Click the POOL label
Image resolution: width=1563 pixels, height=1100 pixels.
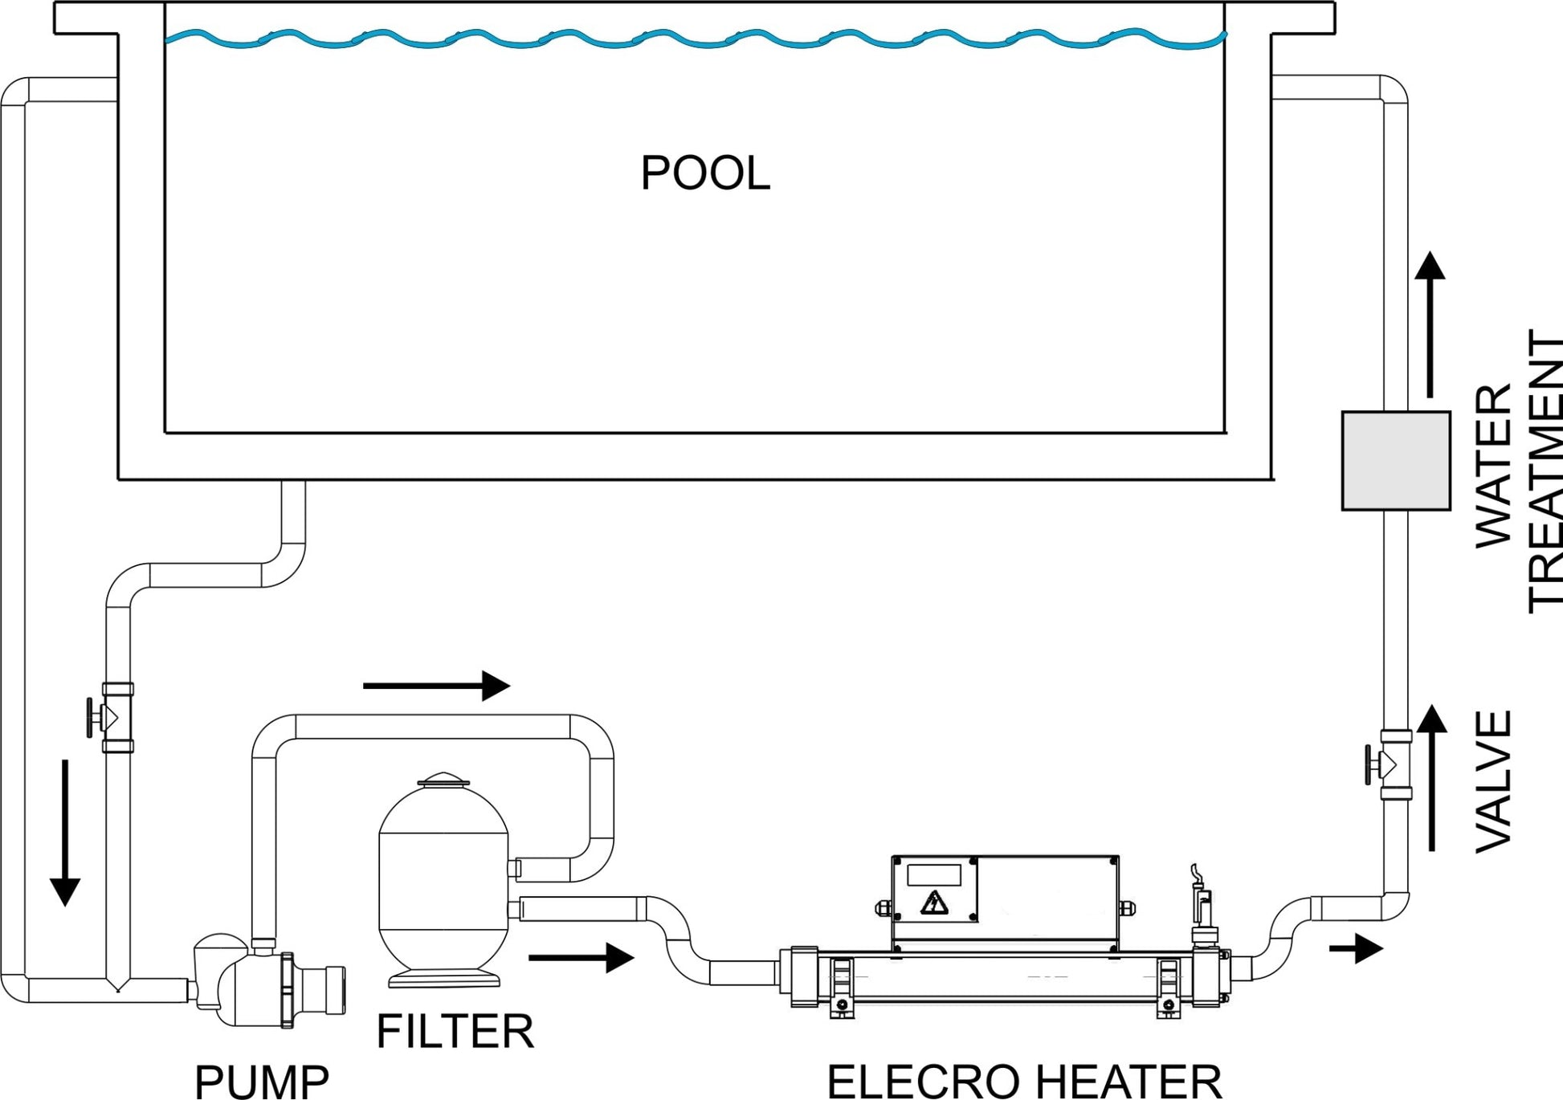[x=704, y=173]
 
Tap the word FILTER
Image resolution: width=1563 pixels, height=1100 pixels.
[x=455, y=1032]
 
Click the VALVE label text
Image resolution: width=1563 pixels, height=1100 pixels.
[x=1494, y=780]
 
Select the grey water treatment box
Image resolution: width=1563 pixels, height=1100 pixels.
[x=1396, y=460]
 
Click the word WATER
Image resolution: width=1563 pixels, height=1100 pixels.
[x=1494, y=466]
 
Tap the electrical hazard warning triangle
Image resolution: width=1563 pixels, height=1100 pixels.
[x=933, y=902]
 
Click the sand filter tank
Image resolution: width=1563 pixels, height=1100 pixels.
[x=443, y=879]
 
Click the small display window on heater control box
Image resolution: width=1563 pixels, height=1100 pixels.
[x=933, y=874]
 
